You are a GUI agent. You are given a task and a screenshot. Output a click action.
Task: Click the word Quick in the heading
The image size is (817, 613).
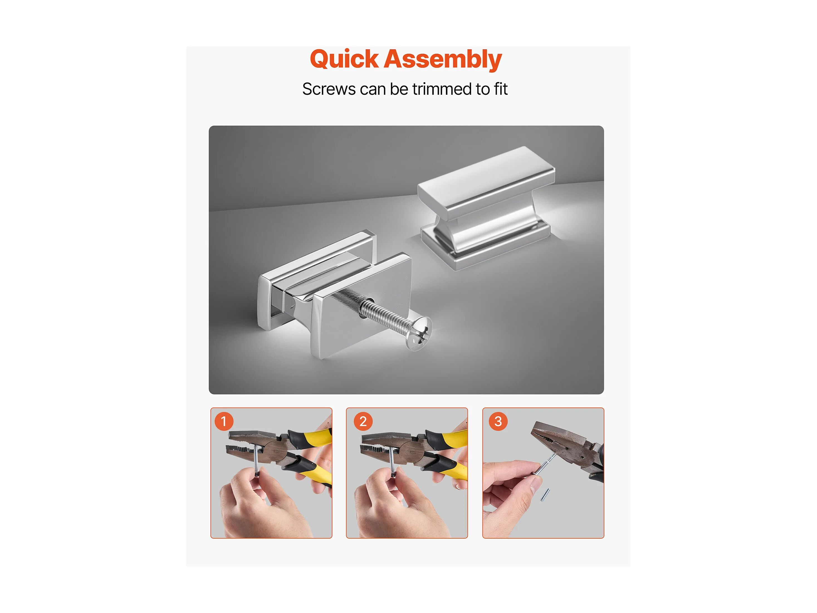pos(344,59)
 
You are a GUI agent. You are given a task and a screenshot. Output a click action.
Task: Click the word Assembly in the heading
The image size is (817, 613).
pos(443,59)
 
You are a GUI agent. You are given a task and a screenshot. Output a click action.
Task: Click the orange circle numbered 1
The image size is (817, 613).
pos(224,421)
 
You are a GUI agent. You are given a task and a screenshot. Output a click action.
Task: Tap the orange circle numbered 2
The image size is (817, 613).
pos(363,421)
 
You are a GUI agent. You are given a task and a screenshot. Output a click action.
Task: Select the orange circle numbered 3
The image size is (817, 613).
pos(498,421)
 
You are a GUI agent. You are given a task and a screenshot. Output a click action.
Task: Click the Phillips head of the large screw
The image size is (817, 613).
pos(419,333)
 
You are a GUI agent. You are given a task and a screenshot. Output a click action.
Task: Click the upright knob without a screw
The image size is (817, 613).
pos(485,208)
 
